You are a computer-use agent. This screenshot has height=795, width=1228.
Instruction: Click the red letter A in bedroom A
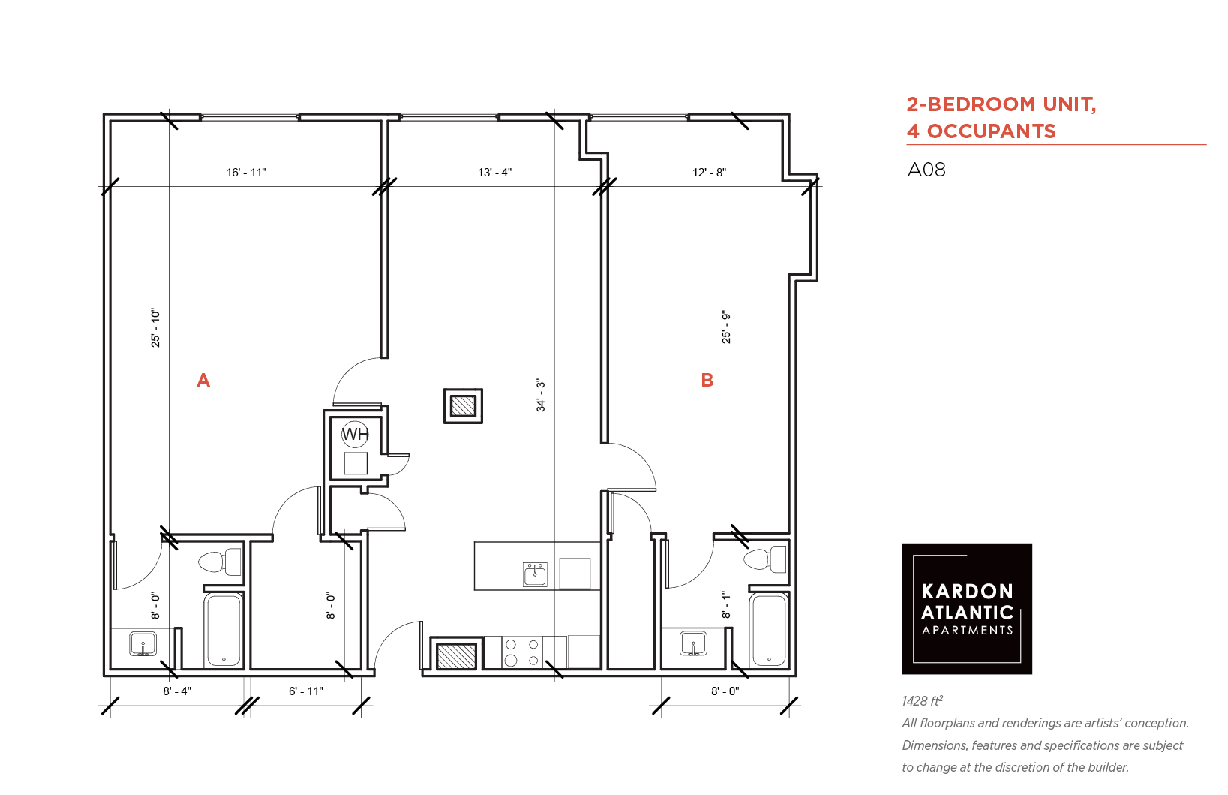point(203,380)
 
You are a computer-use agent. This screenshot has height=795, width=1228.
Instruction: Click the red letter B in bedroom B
point(707,380)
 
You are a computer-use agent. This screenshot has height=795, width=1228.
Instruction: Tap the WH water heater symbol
point(355,434)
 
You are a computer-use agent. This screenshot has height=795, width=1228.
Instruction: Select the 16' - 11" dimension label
point(246,172)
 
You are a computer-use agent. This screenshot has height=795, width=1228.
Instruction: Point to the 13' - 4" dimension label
point(494,172)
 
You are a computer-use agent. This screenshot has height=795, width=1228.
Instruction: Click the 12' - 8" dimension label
point(709,172)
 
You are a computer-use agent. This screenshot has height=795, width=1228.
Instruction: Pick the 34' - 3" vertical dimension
point(541,395)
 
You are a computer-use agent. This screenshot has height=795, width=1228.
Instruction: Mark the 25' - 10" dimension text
point(156,327)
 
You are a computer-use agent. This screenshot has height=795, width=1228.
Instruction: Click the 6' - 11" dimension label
point(306,691)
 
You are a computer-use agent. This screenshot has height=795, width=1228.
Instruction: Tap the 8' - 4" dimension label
point(177,691)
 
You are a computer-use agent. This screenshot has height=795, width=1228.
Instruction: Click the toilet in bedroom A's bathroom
point(220,562)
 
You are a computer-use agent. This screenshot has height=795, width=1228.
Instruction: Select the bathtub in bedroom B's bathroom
point(769,631)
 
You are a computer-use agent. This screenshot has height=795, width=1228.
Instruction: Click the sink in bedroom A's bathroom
point(143,643)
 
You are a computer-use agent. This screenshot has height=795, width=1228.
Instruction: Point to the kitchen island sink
point(535,574)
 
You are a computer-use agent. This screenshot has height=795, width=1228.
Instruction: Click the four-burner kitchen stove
point(521,652)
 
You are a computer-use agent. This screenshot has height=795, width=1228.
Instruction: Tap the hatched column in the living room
point(464,406)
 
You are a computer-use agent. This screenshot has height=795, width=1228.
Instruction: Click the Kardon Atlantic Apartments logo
point(967,609)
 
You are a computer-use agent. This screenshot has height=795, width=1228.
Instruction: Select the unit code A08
point(926,170)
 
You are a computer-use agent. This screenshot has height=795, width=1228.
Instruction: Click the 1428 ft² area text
point(922,700)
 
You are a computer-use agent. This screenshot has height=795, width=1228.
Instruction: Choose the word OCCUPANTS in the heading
point(991,131)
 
